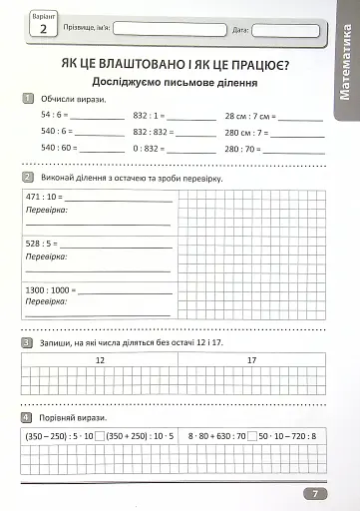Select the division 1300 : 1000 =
tap(51, 288)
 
